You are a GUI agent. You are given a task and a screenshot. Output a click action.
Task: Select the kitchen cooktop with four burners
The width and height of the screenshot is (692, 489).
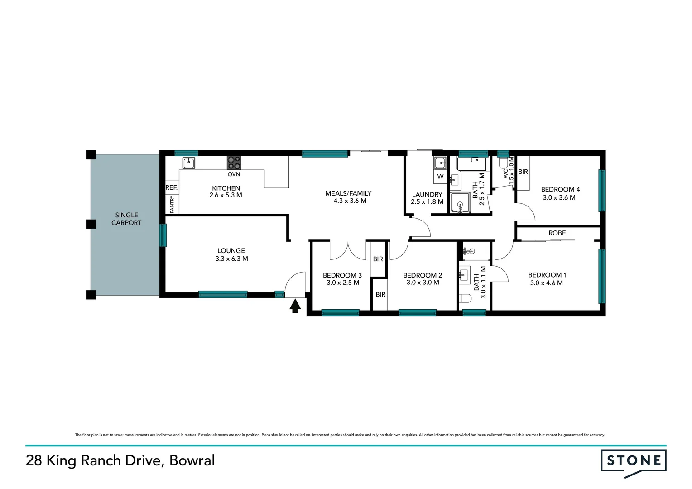point(234,163)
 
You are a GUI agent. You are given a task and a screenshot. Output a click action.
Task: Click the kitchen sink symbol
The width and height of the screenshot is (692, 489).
point(188,163)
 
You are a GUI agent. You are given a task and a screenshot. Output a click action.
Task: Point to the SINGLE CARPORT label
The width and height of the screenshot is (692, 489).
point(126,219)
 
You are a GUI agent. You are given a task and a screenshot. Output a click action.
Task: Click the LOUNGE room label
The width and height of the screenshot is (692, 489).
point(231,251)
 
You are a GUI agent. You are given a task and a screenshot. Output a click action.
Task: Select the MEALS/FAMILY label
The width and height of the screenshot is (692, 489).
point(348,193)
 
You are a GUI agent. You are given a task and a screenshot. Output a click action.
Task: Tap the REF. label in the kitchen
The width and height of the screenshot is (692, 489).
point(171,187)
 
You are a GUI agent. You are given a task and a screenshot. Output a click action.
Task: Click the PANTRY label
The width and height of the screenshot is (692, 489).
point(172,204)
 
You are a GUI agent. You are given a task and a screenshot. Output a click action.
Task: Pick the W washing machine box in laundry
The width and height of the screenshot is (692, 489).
point(440,177)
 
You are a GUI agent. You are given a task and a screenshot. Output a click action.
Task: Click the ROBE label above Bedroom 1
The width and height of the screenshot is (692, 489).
point(557,233)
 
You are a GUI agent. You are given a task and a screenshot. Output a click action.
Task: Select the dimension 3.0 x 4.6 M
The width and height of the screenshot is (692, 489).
point(546,283)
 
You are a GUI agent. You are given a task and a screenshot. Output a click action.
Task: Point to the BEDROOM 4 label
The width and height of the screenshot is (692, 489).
point(560,190)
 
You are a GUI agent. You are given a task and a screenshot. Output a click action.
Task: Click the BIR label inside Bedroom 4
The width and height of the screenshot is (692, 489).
point(523,172)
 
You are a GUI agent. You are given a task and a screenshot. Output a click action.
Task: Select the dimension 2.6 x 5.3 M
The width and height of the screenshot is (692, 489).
point(226,195)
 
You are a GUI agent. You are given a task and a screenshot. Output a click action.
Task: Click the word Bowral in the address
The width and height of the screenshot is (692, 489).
point(192,460)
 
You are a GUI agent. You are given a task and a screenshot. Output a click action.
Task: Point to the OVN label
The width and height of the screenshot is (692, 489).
point(234,174)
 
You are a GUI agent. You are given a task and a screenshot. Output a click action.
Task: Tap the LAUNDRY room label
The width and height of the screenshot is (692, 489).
point(427,195)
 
